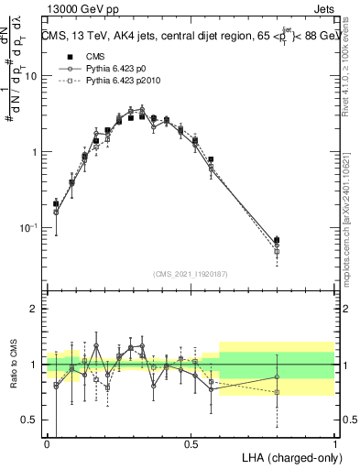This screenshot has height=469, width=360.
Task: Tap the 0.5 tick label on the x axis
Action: (x=191, y=444)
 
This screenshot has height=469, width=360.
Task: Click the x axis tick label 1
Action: (x=334, y=444)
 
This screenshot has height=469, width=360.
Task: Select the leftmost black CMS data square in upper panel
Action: (x=56, y=204)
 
